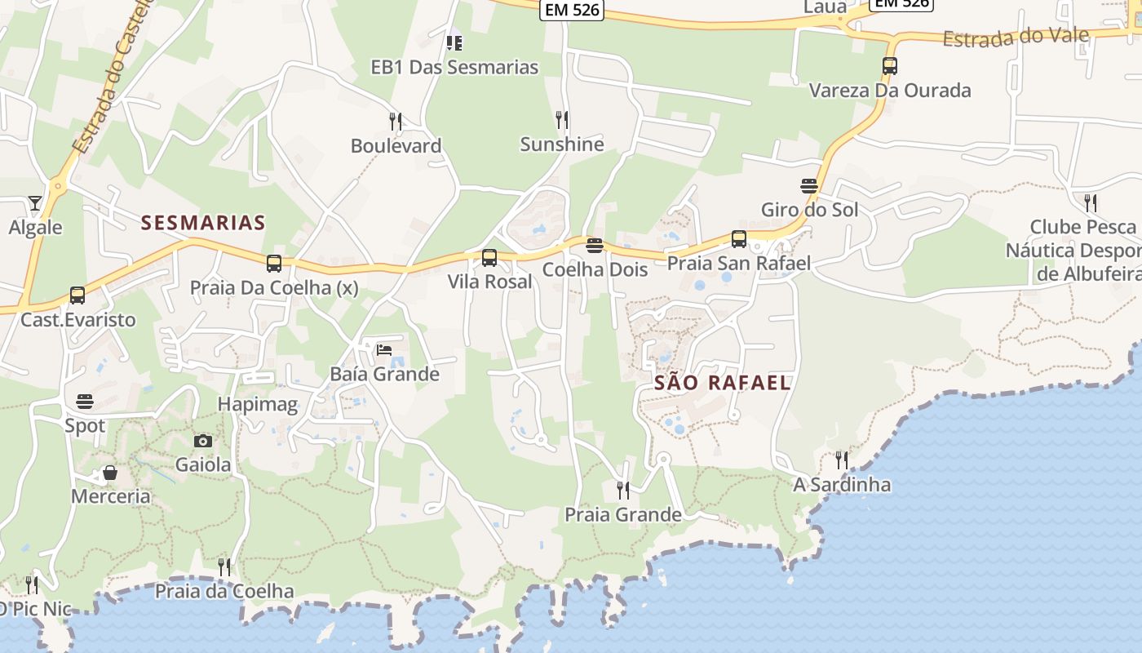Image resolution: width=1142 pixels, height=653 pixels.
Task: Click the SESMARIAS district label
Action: [x=203, y=223]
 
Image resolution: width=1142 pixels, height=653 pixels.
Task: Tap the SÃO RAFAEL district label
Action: [x=722, y=383]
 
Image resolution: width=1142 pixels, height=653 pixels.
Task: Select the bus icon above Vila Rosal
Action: [x=489, y=258]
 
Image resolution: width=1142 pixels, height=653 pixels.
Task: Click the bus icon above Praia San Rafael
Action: [x=739, y=239]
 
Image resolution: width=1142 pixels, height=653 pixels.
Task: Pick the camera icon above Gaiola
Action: [x=203, y=442]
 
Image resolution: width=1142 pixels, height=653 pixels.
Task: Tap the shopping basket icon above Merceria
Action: [x=110, y=473]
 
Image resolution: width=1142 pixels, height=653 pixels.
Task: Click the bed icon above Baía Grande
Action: [x=384, y=350]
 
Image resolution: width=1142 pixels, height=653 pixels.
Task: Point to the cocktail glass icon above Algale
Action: [x=34, y=202]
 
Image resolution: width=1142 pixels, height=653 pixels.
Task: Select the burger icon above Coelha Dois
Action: [x=595, y=246]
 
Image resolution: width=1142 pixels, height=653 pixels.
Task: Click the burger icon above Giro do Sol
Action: [x=809, y=186]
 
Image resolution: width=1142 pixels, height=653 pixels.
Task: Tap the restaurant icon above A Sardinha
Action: [x=842, y=460]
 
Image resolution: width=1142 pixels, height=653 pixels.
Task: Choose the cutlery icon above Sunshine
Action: [x=562, y=120]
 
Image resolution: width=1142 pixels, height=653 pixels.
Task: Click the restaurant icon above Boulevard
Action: [x=396, y=122]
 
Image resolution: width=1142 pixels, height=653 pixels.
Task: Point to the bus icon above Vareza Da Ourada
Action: [x=890, y=66]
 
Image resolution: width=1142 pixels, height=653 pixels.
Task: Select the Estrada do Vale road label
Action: [x=1016, y=38]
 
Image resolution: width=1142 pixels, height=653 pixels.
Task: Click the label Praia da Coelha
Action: [x=224, y=591]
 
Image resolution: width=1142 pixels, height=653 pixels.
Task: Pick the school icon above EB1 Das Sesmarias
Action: [x=454, y=42]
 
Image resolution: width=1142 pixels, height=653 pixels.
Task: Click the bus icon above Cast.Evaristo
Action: [x=77, y=295]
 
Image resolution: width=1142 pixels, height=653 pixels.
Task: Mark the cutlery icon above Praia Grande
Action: [x=623, y=491]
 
